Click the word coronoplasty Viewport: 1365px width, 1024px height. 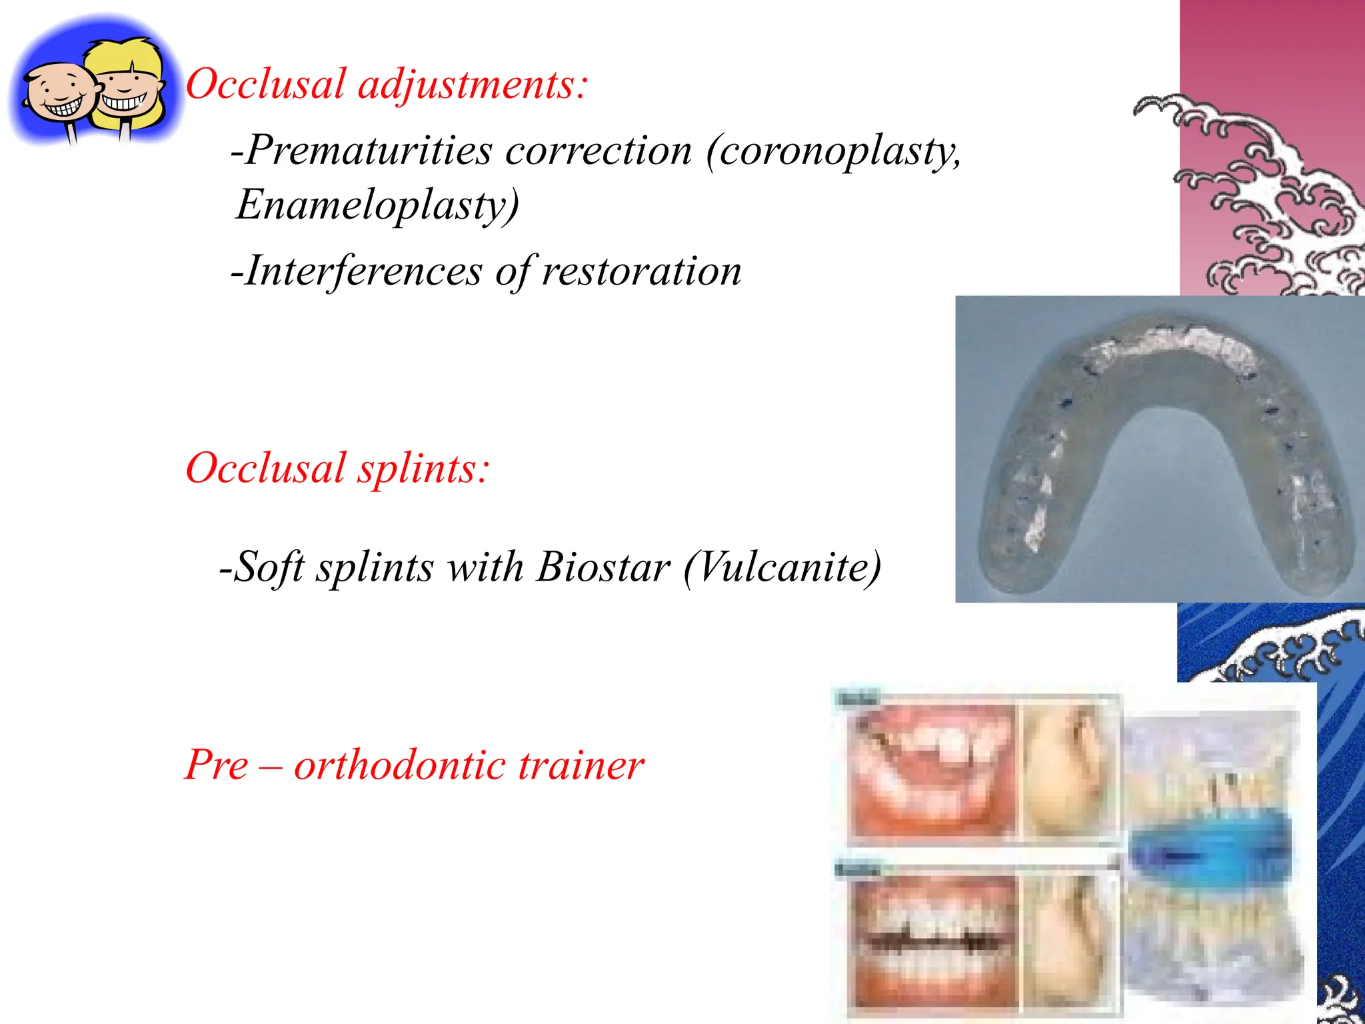click(x=833, y=151)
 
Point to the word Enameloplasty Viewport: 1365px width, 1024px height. click(x=377, y=205)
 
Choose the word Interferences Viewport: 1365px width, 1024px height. click(x=363, y=271)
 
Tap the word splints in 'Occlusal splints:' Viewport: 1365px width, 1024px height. click(x=423, y=469)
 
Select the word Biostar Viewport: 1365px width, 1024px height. click(x=603, y=567)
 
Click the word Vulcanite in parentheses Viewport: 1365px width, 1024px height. click(x=782, y=567)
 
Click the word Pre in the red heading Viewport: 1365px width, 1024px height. click(x=216, y=765)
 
